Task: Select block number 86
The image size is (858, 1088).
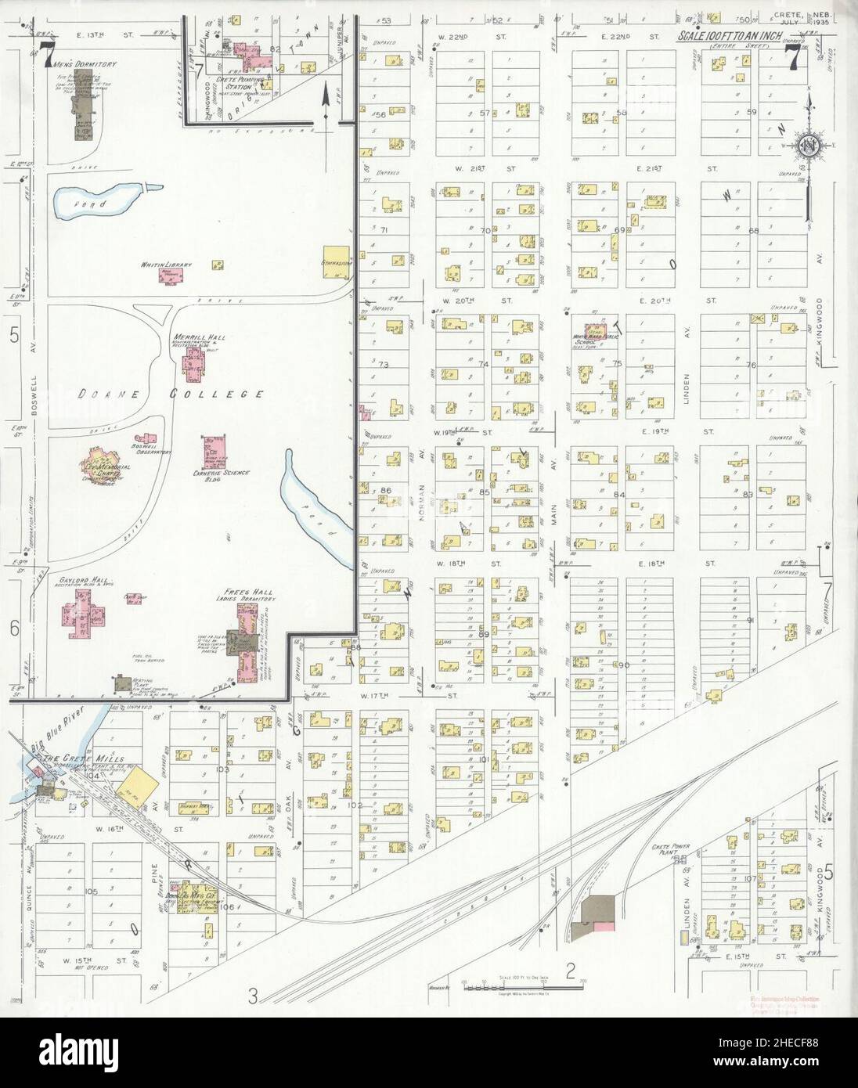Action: point(384,491)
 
